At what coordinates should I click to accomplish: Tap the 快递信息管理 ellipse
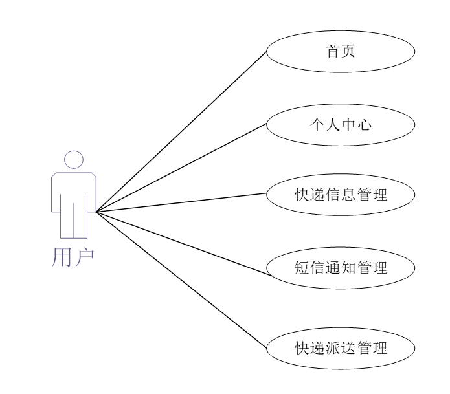tap(339, 193)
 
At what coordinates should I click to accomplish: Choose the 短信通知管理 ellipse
tap(339, 267)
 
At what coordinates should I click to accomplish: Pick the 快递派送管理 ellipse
tap(339, 347)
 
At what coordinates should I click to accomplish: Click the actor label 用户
tap(73, 256)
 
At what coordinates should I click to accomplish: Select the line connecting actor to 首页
tap(181, 131)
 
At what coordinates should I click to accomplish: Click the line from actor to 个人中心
tap(181, 168)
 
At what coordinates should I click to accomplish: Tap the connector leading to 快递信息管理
tap(181, 202)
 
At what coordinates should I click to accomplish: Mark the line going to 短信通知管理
tap(181, 238)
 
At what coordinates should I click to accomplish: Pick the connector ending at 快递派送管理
tap(181, 278)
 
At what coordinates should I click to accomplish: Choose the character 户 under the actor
tap(84, 256)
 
